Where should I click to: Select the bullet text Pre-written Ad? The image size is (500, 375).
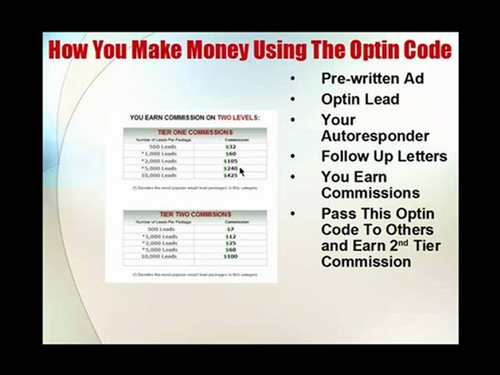tap(372, 79)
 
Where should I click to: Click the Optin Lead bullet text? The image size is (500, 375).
tap(360, 99)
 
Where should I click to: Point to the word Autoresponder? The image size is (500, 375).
tap(375, 136)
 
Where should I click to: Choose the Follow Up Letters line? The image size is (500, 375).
tap(384, 156)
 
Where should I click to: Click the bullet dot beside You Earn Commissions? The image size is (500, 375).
tap(293, 177)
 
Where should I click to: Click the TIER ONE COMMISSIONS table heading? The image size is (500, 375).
tap(195, 132)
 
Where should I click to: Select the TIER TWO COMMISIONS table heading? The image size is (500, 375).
tap(195, 214)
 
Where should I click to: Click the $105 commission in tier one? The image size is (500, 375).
tap(230, 161)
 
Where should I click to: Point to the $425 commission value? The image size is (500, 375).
tap(230, 176)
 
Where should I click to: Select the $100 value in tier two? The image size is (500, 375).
tap(230, 257)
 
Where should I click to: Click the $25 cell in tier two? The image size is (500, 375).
tap(230, 243)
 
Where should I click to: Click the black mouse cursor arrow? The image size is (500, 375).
tap(242, 171)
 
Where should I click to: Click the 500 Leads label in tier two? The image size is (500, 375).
tap(162, 229)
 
